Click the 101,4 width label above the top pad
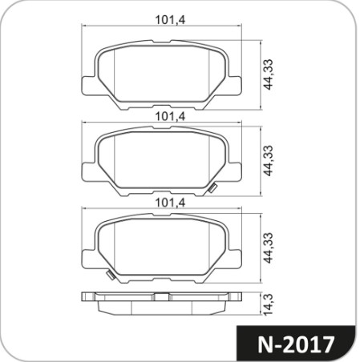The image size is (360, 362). point(170,20)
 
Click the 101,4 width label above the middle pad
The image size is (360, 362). point(170,116)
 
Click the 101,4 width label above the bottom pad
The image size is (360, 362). point(170,203)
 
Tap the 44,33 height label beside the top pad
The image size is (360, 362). point(268,74)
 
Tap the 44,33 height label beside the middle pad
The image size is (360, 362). point(268,161)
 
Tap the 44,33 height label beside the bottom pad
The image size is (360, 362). point(268,248)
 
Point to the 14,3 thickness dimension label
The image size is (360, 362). point(268,304)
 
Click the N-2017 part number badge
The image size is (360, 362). point(296,344)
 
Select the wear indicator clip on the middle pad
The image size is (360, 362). point(213,188)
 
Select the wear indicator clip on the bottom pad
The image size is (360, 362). point(111,276)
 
